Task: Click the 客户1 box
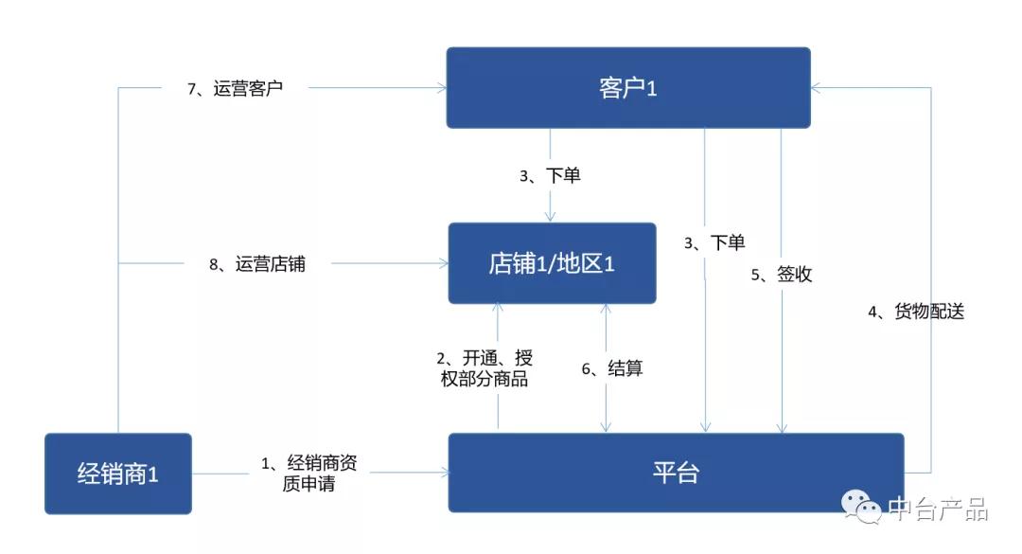tap(628, 87)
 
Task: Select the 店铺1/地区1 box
tap(552, 263)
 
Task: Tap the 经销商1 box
tap(118, 474)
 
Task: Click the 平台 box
tap(676, 473)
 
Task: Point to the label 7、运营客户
tap(235, 88)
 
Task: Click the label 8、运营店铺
tap(256, 263)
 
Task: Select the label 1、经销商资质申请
tap(308, 474)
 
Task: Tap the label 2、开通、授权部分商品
tap(485, 368)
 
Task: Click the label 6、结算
tap(612, 368)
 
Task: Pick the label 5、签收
tap(782, 274)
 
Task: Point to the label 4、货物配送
tap(916, 312)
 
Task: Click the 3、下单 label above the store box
tap(550, 175)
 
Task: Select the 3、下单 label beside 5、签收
tap(714, 242)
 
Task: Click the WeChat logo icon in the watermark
tap(861, 507)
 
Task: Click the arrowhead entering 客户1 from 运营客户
tap(442, 87)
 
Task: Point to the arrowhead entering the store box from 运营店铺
tap(444, 263)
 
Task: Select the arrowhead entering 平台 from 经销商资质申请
tap(445, 473)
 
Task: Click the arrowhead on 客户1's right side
tap(816, 87)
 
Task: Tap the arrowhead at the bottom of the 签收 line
tap(782, 428)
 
